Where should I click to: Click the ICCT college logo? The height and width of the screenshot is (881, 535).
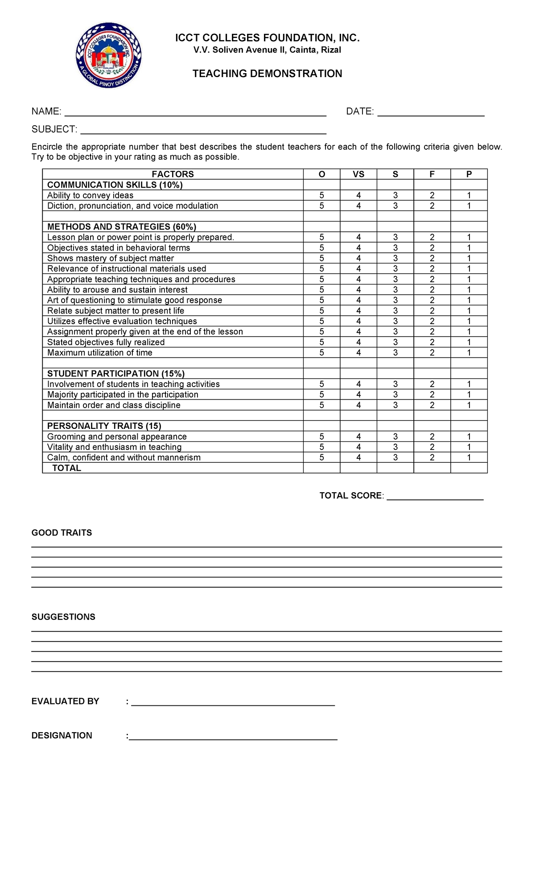coord(108,56)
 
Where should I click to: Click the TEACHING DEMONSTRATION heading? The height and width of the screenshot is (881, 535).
coord(267,74)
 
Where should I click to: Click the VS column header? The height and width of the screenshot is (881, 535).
coord(358,174)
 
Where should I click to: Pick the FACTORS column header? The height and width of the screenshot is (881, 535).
coord(173,174)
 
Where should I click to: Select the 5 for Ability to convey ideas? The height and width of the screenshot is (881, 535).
coord(322,195)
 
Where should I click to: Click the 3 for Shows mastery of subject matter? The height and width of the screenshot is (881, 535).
coord(395,258)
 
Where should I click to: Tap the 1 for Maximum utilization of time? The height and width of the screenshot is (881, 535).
coord(469,353)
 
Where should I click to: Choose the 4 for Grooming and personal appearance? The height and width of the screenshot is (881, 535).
coord(358,436)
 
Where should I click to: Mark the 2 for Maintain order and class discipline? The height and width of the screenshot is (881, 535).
coord(432,405)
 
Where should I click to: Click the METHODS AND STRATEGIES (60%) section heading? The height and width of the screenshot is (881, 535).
coord(122,226)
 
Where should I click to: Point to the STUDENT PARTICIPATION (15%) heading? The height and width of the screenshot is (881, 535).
coord(116,374)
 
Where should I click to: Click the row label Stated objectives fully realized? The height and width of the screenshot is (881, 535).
coord(106,342)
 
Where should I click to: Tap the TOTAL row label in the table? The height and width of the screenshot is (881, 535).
coord(67,468)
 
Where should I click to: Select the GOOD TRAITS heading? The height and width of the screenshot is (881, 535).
coord(62,533)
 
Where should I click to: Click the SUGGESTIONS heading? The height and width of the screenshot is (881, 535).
coord(63,617)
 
